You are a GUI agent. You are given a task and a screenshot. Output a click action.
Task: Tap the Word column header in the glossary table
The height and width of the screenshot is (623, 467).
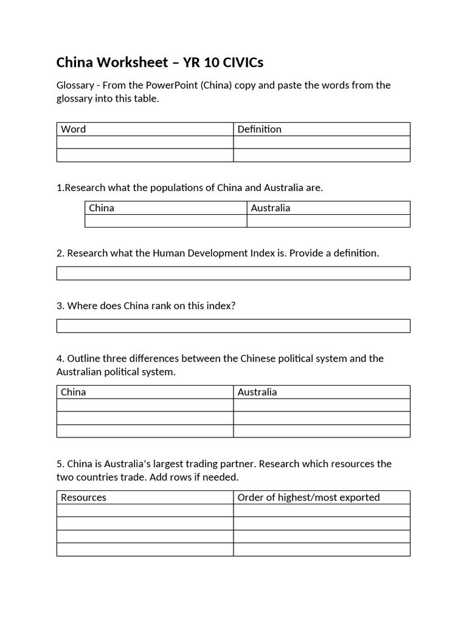(x=74, y=129)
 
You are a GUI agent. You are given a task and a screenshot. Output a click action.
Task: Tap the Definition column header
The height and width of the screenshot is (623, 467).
(x=260, y=129)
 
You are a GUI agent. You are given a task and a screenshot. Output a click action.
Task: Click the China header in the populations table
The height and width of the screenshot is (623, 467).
(x=102, y=208)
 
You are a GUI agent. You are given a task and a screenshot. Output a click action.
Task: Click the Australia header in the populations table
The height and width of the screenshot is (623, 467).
(x=271, y=208)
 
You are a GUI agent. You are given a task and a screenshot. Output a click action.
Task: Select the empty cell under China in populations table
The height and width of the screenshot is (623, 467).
(x=165, y=221)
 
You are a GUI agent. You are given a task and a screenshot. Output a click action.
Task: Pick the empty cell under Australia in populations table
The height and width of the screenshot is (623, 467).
(x=328, y=221)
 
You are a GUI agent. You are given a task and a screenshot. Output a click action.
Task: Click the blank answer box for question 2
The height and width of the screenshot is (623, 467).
(x=233, y=273)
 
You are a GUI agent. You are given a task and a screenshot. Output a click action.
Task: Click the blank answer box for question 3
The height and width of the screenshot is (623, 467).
(x=233, y=326)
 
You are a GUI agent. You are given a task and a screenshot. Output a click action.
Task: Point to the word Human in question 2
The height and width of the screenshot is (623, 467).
(x=150, y=253)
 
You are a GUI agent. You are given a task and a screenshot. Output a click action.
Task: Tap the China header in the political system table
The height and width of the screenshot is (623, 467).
(x=74, y=392)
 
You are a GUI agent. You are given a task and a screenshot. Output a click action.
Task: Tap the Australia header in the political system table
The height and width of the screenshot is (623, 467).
(x=257, y=392)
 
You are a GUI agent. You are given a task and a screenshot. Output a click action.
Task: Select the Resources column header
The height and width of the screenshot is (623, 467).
(x=84, y=498)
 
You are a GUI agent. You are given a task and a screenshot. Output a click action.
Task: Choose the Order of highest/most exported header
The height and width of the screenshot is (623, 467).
(x=308, y=498)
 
